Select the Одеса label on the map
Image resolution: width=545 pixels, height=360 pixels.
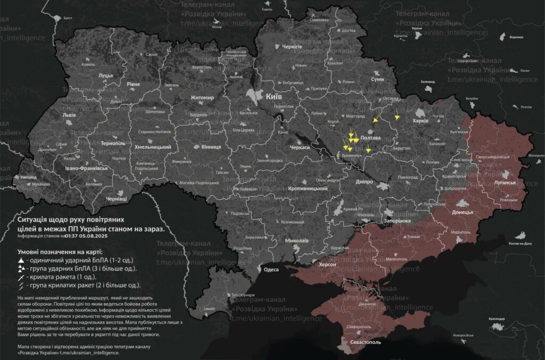271,270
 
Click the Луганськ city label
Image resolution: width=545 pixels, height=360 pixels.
505,182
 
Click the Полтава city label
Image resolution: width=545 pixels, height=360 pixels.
370,138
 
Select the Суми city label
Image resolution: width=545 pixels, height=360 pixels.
377,79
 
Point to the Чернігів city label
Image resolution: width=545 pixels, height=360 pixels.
292,47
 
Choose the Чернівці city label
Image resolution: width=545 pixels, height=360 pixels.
117,198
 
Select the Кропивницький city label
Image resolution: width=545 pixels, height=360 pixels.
307,189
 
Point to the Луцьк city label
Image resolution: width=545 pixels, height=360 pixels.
106,76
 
